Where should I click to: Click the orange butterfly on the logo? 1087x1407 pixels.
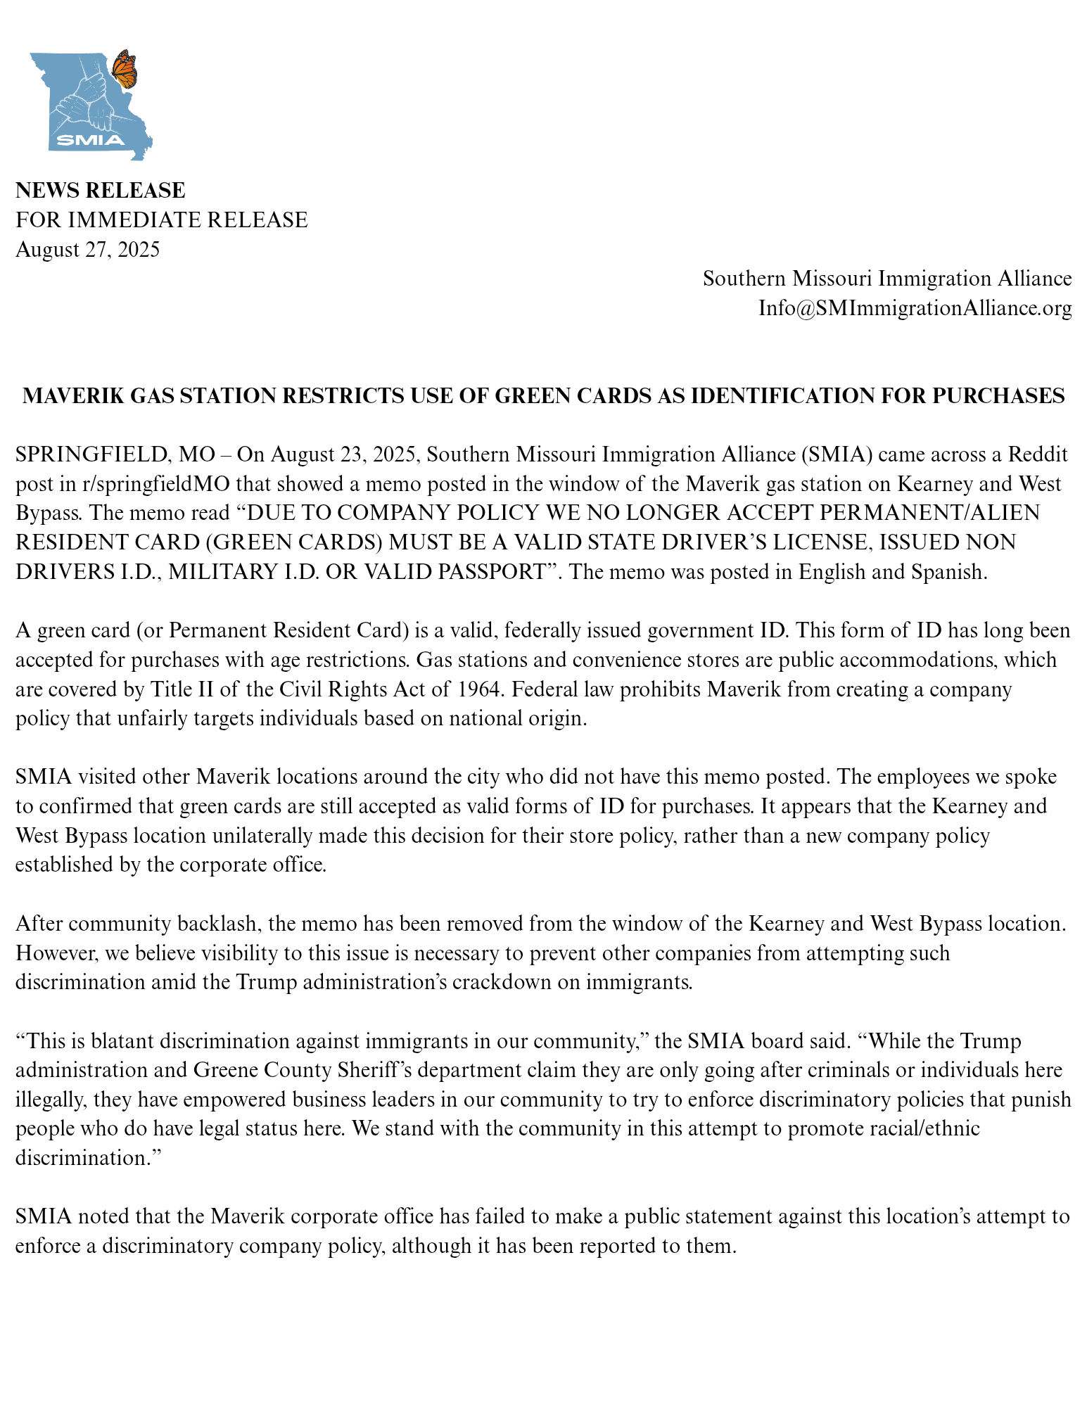[x=125, y=69]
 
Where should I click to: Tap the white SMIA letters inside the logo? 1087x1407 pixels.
[x=90, y=139]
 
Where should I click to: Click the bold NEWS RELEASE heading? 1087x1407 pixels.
[x=101, y=191]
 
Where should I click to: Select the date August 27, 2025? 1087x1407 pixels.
[x=88, y=250]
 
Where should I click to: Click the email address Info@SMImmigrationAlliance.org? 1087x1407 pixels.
[x=915, y=308]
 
